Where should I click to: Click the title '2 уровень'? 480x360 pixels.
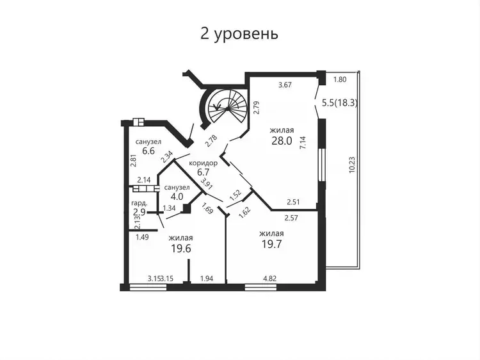[x=239, y=34]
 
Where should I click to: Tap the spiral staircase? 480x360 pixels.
[x=227, y=106]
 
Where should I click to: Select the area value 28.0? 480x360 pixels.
[x=282, y=141]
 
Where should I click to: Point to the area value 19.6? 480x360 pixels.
[x=180, y=248]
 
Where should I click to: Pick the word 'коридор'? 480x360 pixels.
[x=204, y=163]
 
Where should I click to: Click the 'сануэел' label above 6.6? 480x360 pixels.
[x=148, y=142]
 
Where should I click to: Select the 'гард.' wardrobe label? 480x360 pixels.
[x=140, y=203]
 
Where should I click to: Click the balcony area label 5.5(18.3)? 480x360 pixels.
[x=340, y=102]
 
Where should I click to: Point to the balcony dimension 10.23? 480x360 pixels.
[x=352, y=165]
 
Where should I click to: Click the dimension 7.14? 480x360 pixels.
[x=303, y=142]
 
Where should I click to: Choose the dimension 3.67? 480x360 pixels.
[x=285, y=85]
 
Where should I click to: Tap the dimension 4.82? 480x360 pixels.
[x=270, y=279]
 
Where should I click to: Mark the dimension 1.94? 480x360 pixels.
[x=207, y=279]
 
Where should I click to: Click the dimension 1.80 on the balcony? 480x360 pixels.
[x=340, y=79]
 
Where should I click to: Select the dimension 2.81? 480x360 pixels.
[x=133, y=160]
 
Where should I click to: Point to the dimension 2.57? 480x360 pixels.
[x=291, y=218]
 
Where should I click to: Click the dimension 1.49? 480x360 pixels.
[x=142, y=237]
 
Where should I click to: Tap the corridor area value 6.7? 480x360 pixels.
[x=204, y=172]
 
